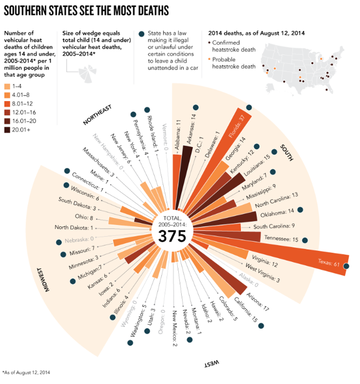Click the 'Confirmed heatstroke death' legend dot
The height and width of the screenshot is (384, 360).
point(210,42)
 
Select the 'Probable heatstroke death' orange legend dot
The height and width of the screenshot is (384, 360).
point(210,59)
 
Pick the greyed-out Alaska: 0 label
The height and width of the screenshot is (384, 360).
point(244,279)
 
